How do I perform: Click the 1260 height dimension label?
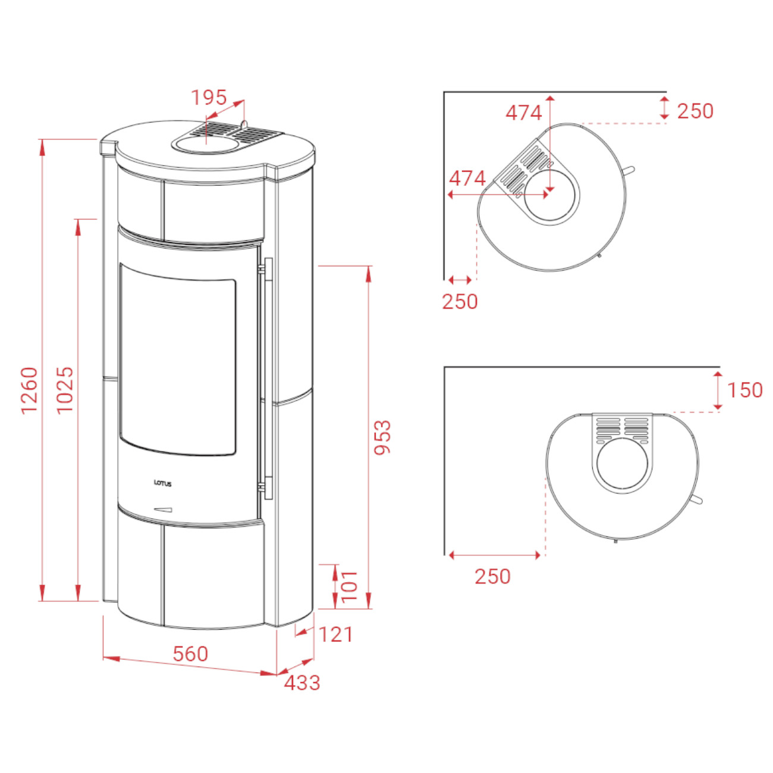29,390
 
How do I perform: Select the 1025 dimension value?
65,390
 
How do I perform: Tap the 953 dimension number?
382,437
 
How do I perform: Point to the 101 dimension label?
348,586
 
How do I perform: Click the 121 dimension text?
336,634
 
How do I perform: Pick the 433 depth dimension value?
302,683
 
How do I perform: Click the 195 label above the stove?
209,98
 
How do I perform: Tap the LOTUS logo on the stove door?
163,483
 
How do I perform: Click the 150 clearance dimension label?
744,390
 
